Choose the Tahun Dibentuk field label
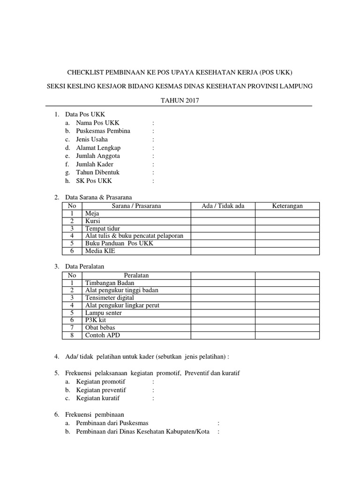[98, 172]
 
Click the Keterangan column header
[287, 206]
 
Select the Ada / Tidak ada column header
[223, 206]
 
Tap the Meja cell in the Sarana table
[91, 213]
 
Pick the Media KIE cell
[100, 251]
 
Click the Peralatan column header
[136, 275]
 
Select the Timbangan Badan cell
[109, 283]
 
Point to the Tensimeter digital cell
[109, 298]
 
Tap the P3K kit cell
[96, 320]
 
